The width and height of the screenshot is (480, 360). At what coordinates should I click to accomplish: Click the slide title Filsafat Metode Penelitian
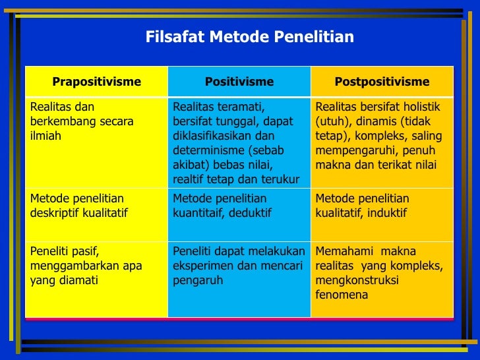[x=249, y=37]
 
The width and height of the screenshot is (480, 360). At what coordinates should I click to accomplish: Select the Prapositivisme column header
[x=96, y=82]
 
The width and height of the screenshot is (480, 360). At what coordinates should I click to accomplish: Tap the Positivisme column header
[x=239, y=82]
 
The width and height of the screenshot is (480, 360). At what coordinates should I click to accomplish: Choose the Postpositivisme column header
[x=382, y=82]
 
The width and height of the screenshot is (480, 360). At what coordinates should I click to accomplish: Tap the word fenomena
[x=342, y=295]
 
